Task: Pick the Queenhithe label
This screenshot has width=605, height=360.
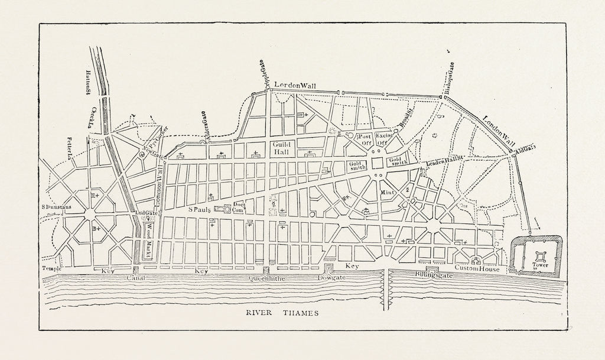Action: tap(268, 277)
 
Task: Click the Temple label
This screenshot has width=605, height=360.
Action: tap(51, 268)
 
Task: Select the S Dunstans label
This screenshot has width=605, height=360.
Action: tap(57, 207)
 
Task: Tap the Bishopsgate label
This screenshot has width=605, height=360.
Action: tap(451, 77)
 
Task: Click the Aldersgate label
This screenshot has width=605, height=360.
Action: tap(204, 124)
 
